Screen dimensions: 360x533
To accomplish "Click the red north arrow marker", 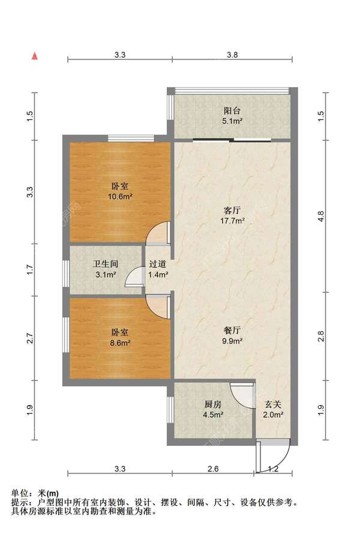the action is tap(34, 56).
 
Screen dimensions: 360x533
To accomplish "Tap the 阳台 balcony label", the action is tap(232, 110).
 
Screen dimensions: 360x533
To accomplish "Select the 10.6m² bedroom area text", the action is tap(120, 196).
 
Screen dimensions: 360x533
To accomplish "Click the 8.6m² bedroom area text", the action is tap(120, 343).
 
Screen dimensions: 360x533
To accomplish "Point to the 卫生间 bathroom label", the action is tap(106, 263).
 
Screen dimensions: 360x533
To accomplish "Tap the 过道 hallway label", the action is tap(158, 263).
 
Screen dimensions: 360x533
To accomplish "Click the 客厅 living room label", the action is tap(233, 211).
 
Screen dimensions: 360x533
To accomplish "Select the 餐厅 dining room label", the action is tap(233, 330).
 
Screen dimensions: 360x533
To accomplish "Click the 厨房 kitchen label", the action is tap(213, 405).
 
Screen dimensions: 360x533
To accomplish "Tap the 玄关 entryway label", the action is tap(273, 405).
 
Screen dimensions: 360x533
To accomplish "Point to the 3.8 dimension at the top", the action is tap(233, 55).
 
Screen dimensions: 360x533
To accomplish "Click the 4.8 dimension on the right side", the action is tap(320, 216).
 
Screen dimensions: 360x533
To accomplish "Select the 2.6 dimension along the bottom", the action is tap(213, 469).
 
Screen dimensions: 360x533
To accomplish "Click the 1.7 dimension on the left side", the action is tap(30, 270).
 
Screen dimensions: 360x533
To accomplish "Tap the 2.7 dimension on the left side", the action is tap(30, 338).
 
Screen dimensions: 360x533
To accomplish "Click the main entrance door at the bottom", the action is tap(274, 455).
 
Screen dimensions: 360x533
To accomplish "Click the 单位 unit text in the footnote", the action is tap(20, 493).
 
